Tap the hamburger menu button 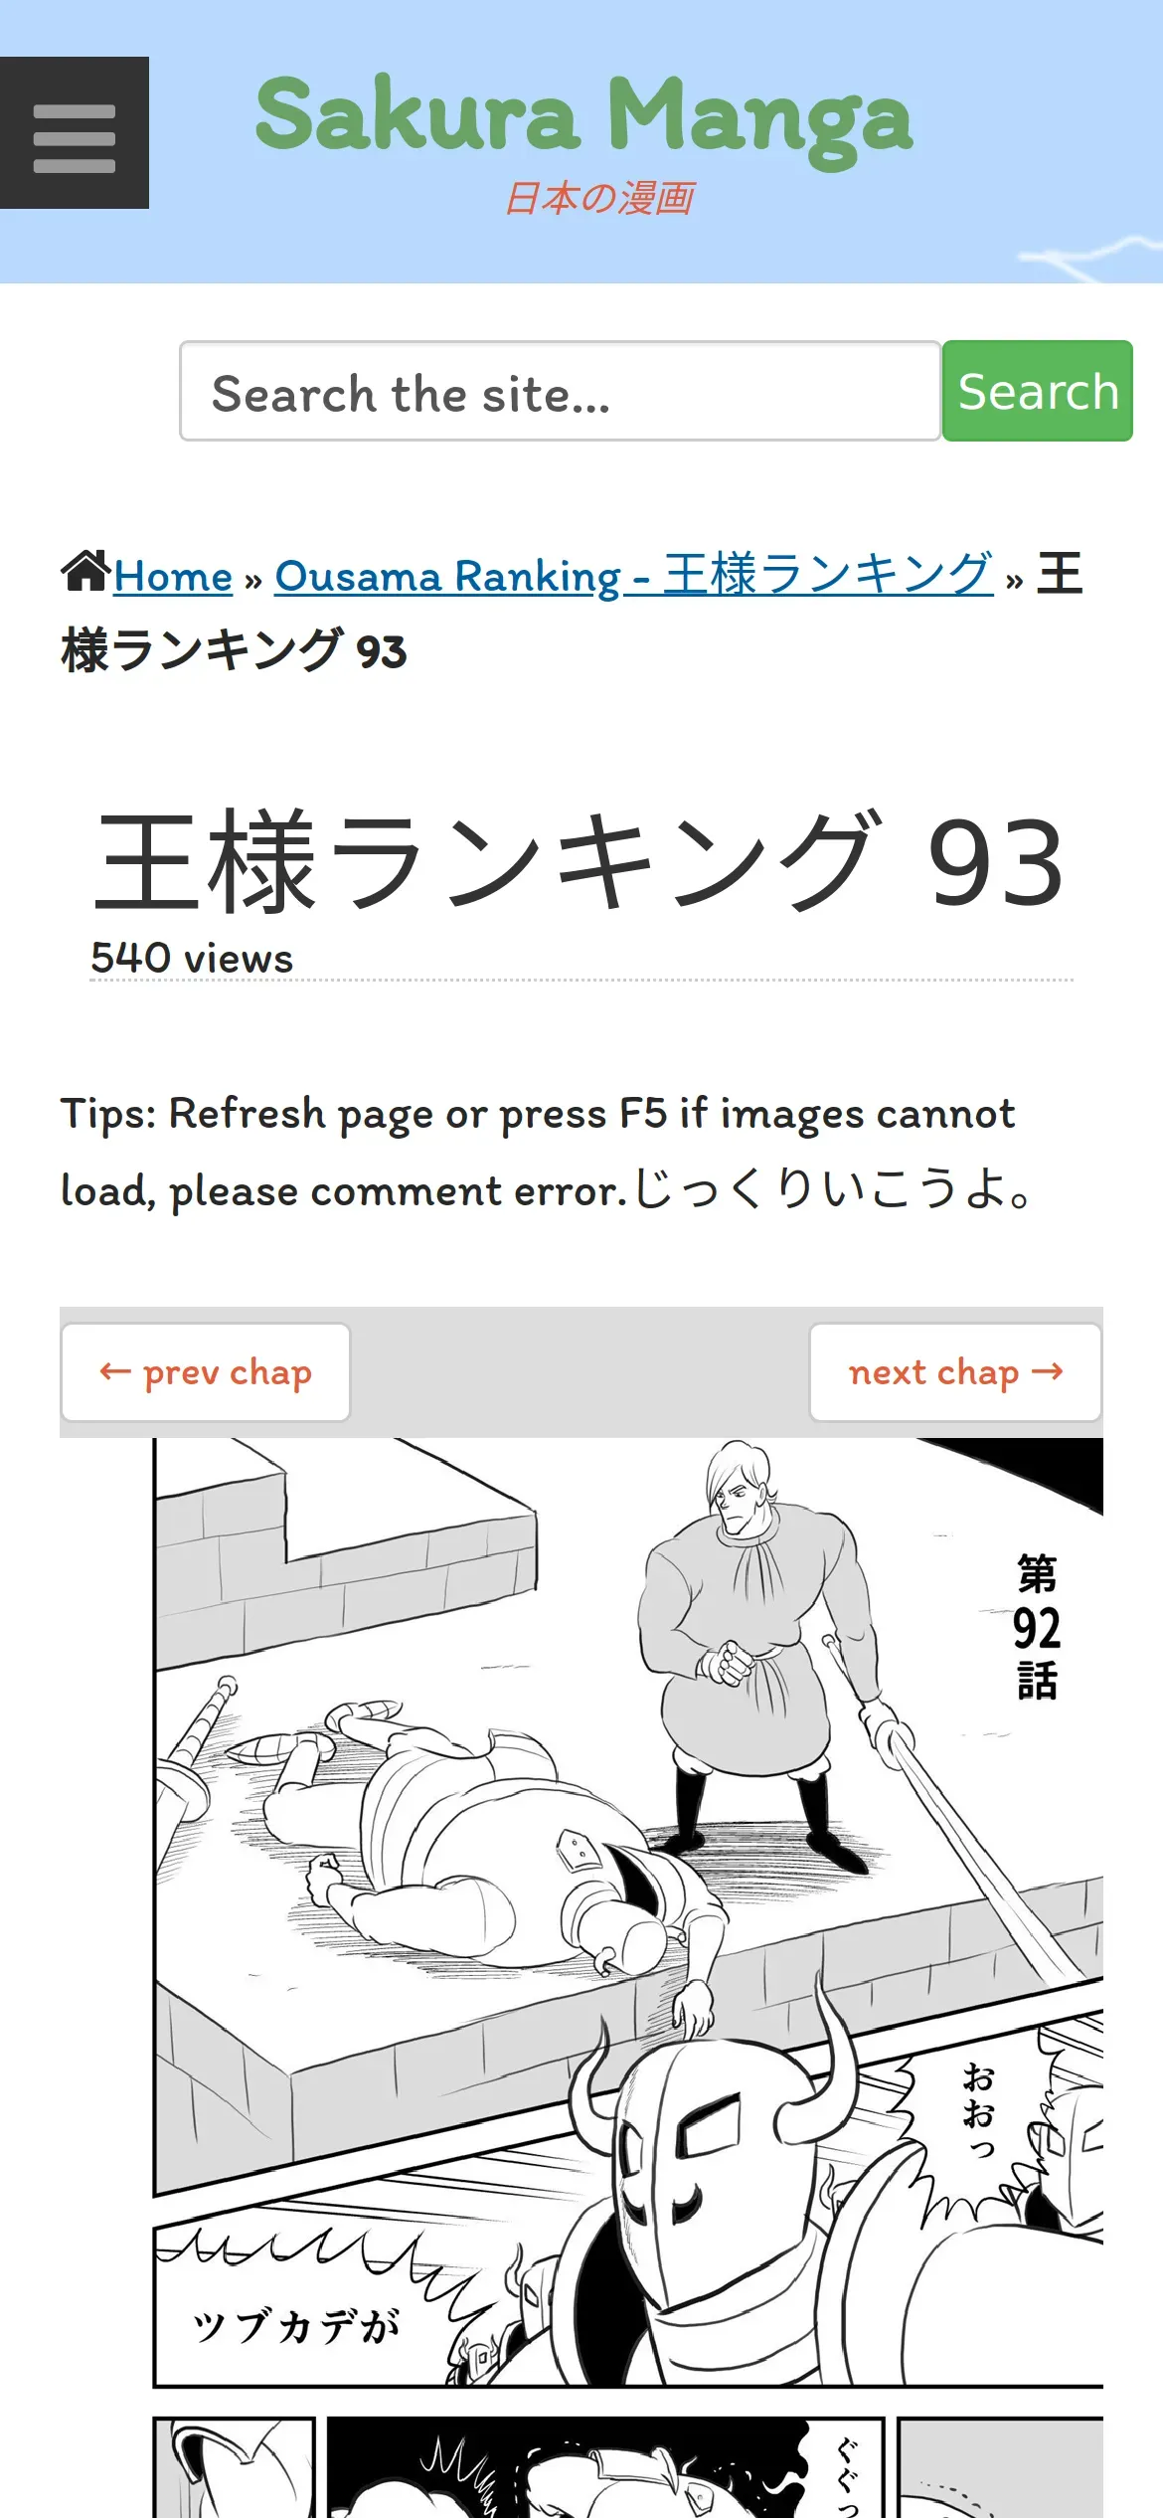coord(75,132)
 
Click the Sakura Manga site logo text coord(583,117)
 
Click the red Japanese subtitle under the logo coord(599,198)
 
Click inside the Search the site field coord(560,391)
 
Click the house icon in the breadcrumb coord(85,571)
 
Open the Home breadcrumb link coord(173,576)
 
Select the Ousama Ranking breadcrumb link coord(634,575)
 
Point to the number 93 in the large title coord(995,861)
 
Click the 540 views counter coord(192,958)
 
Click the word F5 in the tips coord(643,1113)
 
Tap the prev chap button coord(206,1372)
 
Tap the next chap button coord(955,1372)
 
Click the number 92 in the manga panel coord(1037,1628)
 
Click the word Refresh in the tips coord(247,1113)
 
